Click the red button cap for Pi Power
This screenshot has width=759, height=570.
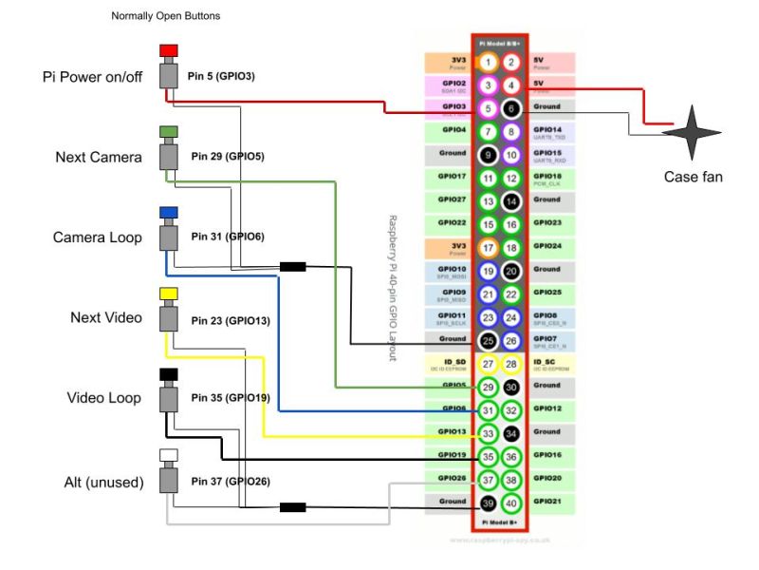tap(169, 50)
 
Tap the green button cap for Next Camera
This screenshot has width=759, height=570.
tap(169, 131)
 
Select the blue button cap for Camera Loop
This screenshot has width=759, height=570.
tap(169, 212)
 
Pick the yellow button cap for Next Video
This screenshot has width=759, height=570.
tap(169, 293)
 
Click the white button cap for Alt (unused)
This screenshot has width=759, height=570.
tap(169, 454)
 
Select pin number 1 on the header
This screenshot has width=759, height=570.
tap(488, 63)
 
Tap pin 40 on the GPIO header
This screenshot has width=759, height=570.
tap(511, 503)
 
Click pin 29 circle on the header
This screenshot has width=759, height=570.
tap(488, 387)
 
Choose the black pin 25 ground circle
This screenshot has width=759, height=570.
tap(488, 340)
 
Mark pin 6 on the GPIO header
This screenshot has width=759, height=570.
tap(511, 108)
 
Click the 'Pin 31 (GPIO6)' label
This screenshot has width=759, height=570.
tap(228, 237)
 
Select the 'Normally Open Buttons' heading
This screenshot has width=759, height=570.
tap(166, 16)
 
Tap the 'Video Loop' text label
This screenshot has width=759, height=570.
tap(104, 398)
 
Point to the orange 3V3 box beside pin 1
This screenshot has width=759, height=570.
tap(449, 63)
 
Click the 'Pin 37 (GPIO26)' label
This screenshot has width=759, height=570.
tap(231, 482)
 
